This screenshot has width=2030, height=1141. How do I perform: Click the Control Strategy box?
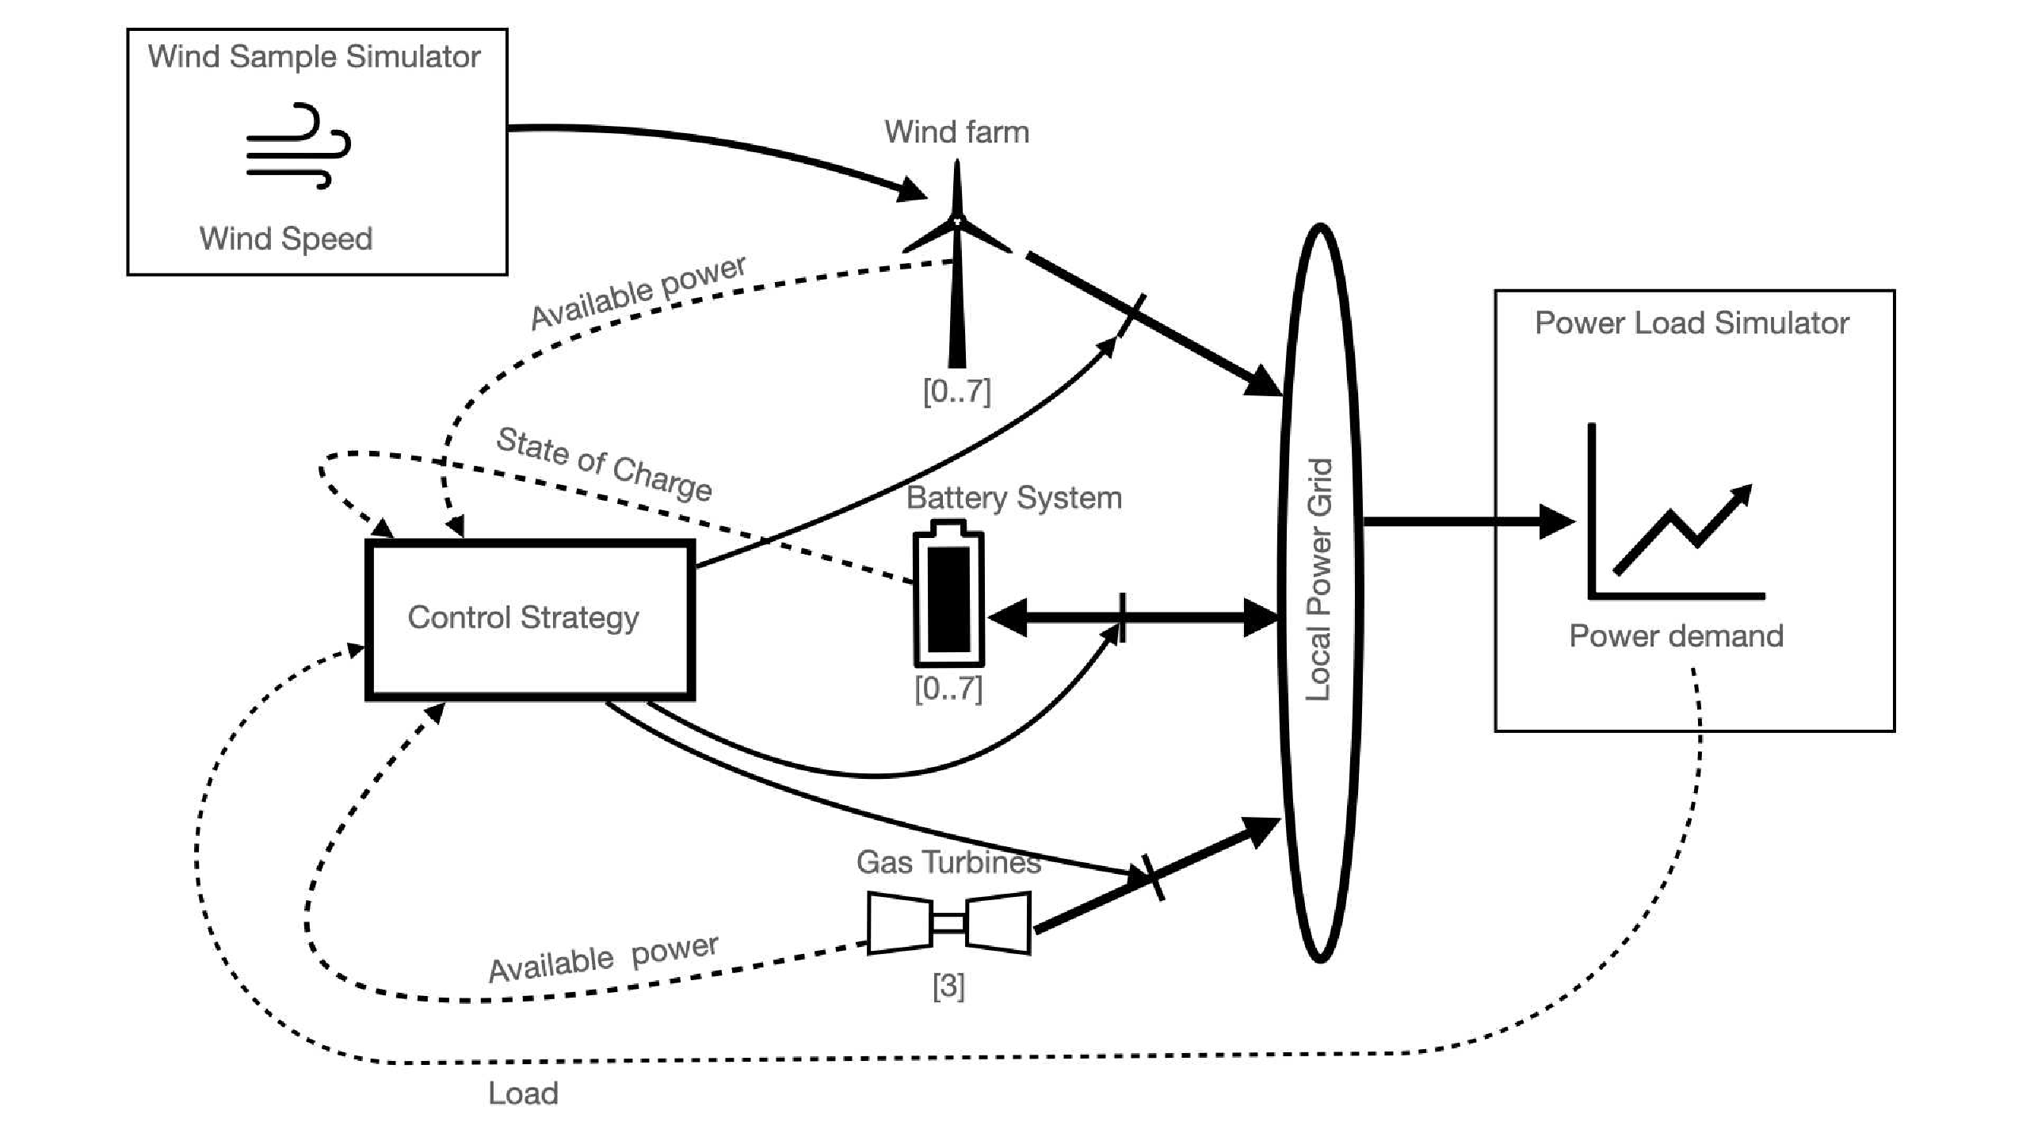pyautogui.click(x=529, y=619)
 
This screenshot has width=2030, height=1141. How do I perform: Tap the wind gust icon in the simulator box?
pyautogui.click(x=298, y=146)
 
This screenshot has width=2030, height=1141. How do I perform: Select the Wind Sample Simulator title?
pyautogui.click(x=314, y=57)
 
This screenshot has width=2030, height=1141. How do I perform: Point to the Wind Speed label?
pyautogui.click(x=286, y=239)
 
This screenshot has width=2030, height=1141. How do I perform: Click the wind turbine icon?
pyautogui.click(x=957, y=261)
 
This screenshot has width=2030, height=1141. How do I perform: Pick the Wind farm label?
pyautogui.click(x=956, y=132)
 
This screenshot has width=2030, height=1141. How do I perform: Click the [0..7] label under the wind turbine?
pyautogui.click(x=956, y=391)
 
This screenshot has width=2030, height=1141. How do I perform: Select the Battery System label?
pyautogui.click(x=1013, y=498)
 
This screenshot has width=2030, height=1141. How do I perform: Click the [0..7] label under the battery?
pyautogui.click(x=948, y=689)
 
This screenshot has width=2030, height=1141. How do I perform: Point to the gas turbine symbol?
pyautogui.click(x=948, y=922)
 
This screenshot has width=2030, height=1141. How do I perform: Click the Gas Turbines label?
pyautogui.click(x=948, y=862)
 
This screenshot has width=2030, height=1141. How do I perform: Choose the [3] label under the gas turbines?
pyautogui.click(x=948, y=986)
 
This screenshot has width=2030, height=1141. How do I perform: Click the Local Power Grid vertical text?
pyautogui.click(x=1319, y=579)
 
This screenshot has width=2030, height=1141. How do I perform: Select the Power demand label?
pyautogui.click(x=1676, y=636)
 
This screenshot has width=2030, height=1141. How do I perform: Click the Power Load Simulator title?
pyautogui.click(x=1692, y=323)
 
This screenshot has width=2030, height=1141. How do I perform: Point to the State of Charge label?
pyautogui.click(x=604, y=464)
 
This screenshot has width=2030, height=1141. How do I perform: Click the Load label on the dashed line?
pyautogui.click(x=523, y=1093)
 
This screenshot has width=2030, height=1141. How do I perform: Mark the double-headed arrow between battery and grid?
pyautogui.click(x=1133, y=618)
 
